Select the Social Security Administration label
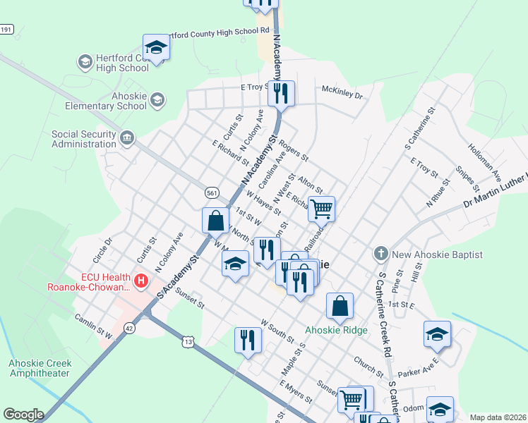pos(83,138)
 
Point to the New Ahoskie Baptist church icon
pos(380,253)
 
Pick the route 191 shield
pos(6,29)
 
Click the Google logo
pos(23,414)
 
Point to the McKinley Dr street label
pos(342,94)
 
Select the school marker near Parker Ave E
pos(437,334)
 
